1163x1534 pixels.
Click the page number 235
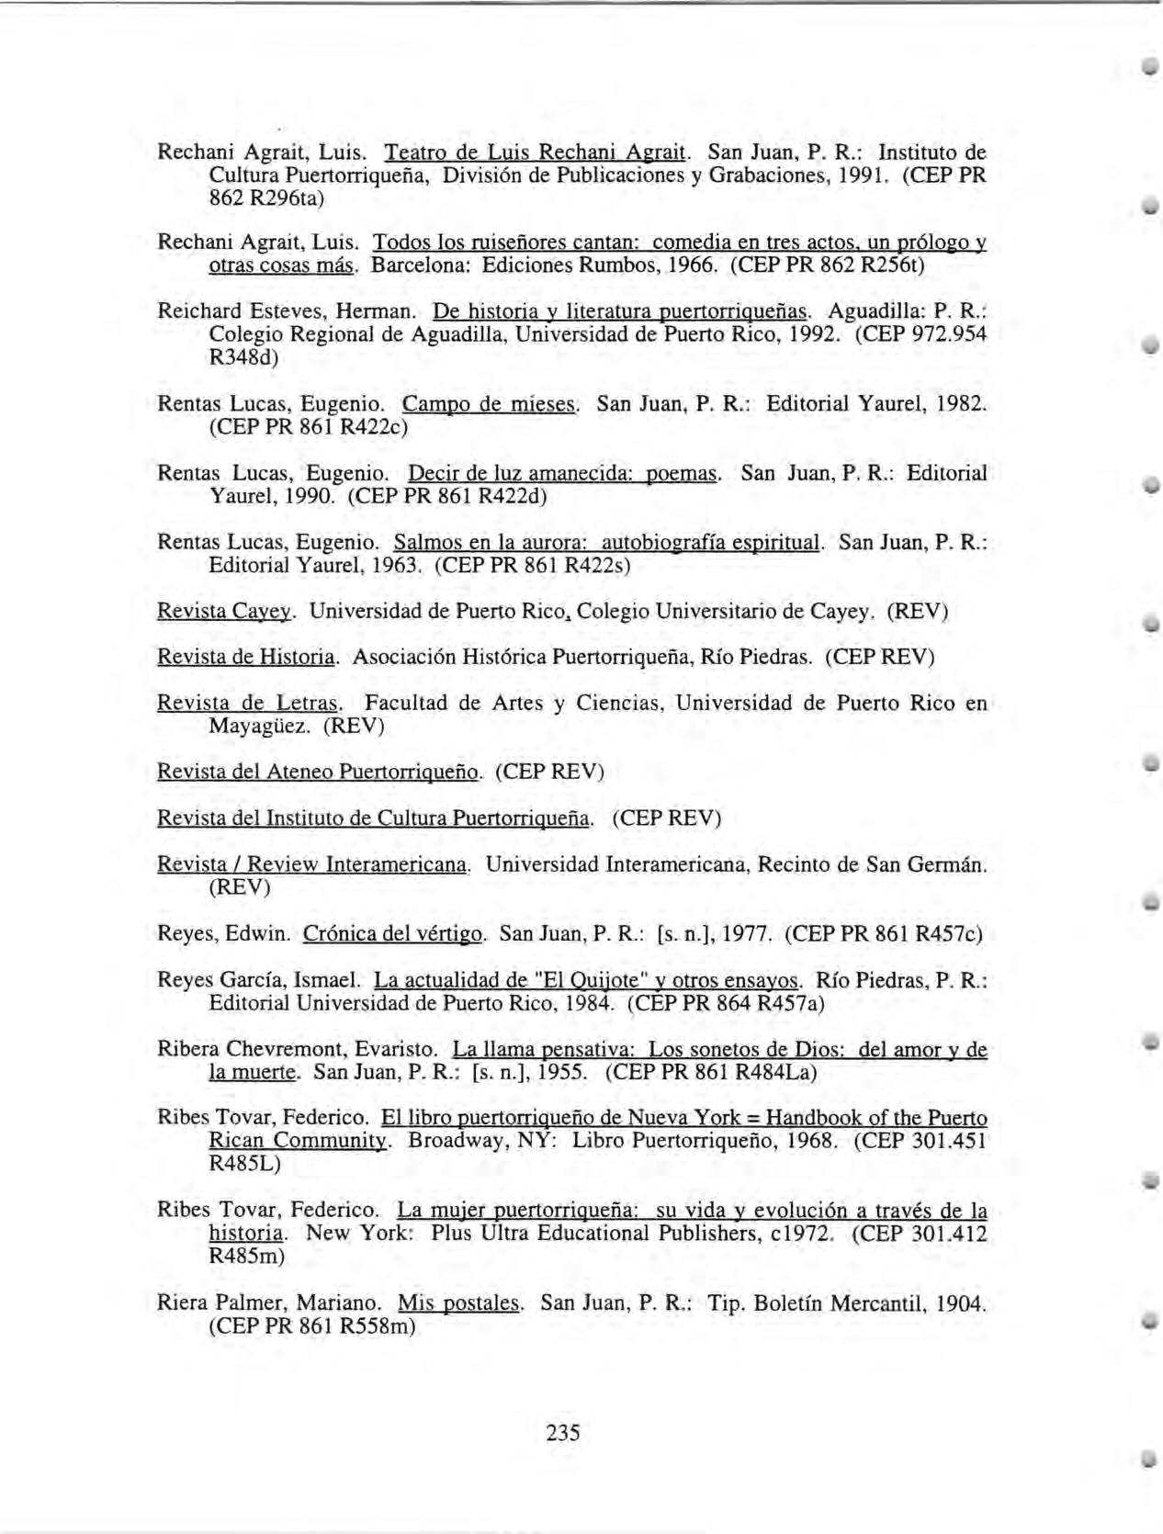tap(562, 1432)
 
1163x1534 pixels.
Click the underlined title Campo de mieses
tap(491, 404)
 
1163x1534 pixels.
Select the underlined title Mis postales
tap(459, 1303)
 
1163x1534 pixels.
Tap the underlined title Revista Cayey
tap(225, 612)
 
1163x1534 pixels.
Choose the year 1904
tap(956, 1303)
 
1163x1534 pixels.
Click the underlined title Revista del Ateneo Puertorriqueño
tap(319, 772)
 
